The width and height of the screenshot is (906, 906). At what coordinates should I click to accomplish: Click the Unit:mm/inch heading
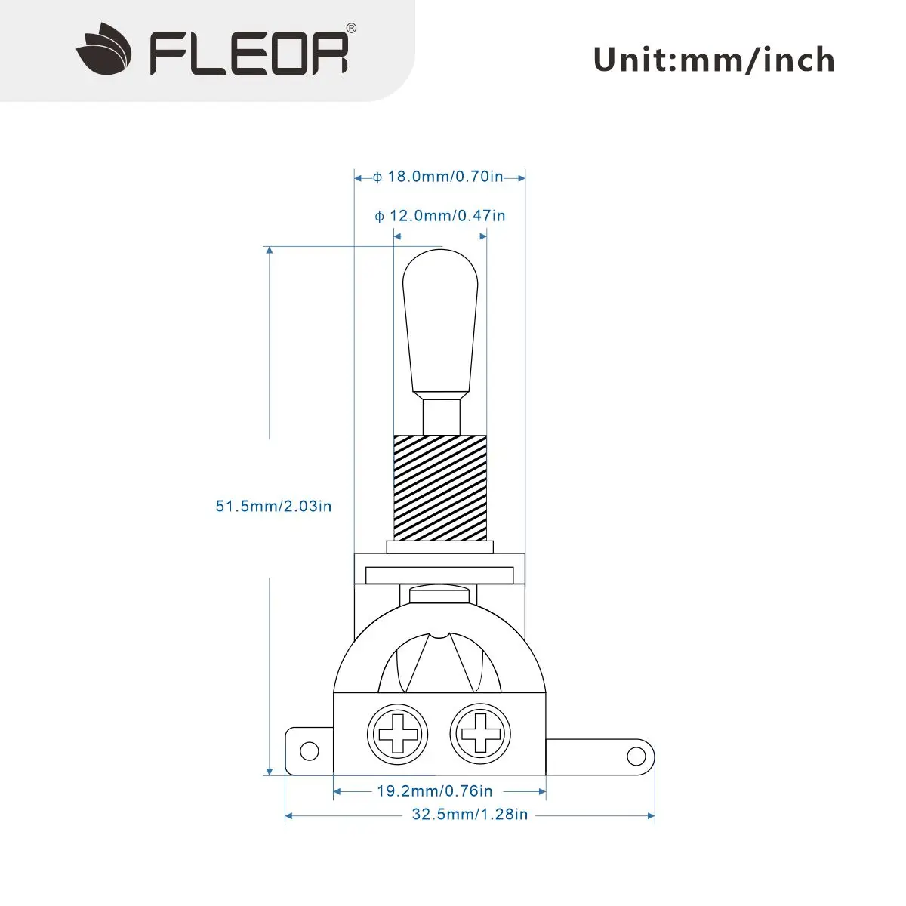pyautogui.click(x=713, y=60)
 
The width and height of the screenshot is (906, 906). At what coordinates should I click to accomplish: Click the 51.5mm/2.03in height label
pyautogui.click(x=273, y=506)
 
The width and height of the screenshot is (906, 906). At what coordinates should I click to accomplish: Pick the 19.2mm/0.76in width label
pyautogui.click(x=435, y=791)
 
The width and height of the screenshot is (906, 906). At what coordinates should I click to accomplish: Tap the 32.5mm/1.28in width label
pyautogui.click(x=470, y=815)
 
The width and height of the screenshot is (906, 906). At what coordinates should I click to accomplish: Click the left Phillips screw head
pyautogui.click(x=398, y=733)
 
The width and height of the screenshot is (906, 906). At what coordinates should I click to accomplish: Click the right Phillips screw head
pyautogui.click(x=480, y=733)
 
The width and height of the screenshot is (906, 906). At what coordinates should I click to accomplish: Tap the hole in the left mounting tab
pyautogui.click(x=309, y=750)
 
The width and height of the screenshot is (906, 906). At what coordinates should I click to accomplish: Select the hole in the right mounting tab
pyautogui.click(x=636, y=756)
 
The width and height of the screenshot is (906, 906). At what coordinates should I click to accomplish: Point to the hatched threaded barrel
pyautogui.click(x=440, y=487)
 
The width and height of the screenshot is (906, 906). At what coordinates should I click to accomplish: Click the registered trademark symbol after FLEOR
pyautogui.click(x=351, y=29)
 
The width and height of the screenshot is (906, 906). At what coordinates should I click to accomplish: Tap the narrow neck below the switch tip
pyautogui.click(x=441, y=416)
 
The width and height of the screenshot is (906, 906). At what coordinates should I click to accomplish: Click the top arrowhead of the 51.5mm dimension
pyautogui.click(x=270, y=251)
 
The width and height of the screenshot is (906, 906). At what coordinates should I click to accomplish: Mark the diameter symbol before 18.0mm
pyautogui.click(x=377, y=177)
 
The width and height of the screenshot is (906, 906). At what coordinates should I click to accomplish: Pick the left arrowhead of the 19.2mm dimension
pyautogui.click(x=337, y=791)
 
